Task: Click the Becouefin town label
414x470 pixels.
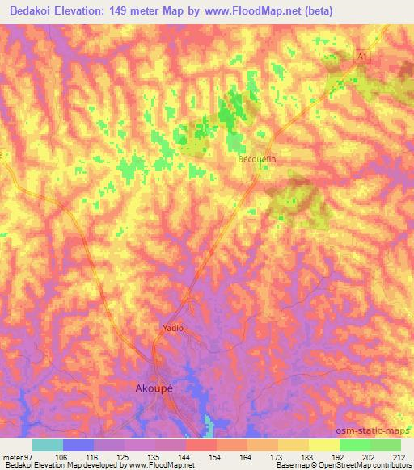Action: (x=257, y=160)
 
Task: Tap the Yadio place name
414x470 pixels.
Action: (x=171, y=329)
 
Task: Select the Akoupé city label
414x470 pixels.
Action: (x=153, y=388)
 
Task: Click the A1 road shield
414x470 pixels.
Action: (x=362, y=56)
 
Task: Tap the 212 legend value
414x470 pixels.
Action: (x=395, y=458)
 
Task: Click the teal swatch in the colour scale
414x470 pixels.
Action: (x=47, y=445)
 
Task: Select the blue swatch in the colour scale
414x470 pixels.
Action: (x=78, y=445)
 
